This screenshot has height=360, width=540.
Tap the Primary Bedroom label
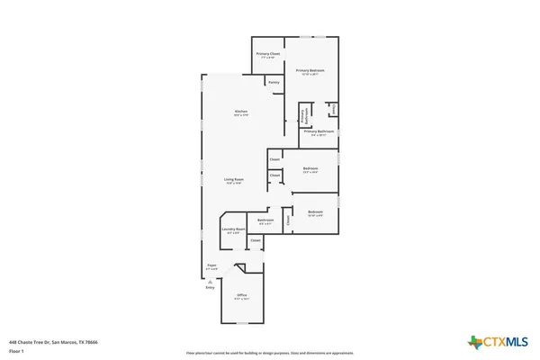pos(310,71)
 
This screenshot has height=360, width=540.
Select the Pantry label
pos(274,83)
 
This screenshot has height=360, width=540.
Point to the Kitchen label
pos(240,112)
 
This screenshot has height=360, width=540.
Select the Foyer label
pos(212,266)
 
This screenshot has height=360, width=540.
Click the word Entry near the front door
pos(211,287)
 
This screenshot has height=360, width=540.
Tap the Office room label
pos(241,296)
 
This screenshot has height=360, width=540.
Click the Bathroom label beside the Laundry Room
pos(265,221)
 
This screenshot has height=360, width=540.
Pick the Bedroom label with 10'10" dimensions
pos(315,213)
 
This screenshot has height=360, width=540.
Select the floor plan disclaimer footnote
pos(270,352)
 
